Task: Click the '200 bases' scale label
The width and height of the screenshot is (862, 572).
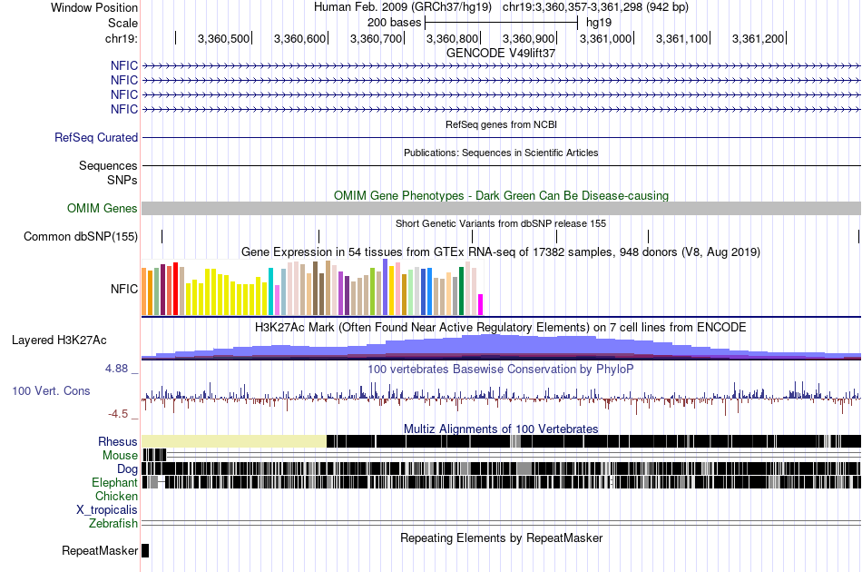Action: [x=394, y=22]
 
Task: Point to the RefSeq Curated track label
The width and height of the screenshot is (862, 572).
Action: [x=96, y=138]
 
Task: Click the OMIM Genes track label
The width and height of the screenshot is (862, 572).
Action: [x=103, y=208]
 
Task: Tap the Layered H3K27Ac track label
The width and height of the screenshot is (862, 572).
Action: [x=59, y=340]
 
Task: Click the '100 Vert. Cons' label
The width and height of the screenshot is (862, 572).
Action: [x=51, y=390]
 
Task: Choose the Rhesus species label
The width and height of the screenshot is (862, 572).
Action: [x=118, y=442]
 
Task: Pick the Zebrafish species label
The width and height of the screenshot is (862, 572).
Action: [x=113, y=524]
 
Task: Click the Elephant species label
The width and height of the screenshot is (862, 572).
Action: [x=114, y=483]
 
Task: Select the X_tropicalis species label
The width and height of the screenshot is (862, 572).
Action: [x=107, y=510]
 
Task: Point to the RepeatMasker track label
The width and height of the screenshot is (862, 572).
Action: [x=100, y=551]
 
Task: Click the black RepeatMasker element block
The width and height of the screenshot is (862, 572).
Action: [x=145, y=550]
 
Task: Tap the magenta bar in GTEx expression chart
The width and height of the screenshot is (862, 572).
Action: [x=481, y=304]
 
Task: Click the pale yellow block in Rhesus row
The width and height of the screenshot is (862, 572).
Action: [x=234, y=441]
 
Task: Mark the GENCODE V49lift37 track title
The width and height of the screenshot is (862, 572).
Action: [x=500, y=53]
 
